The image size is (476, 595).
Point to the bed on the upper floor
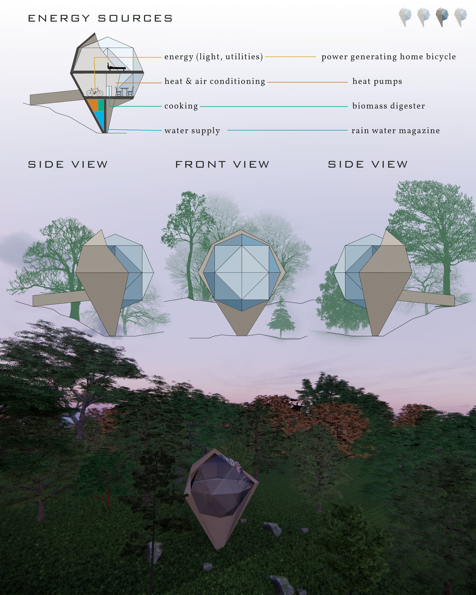point(116,67)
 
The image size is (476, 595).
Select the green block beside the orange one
point(101,104)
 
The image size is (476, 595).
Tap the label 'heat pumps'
point(377,81)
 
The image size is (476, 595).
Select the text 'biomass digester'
point(388,106)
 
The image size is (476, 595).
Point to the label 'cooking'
point(181,106)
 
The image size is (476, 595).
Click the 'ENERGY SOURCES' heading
point(100,19)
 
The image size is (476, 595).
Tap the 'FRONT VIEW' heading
point(222,164)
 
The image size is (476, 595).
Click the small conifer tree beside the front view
point(281,318)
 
